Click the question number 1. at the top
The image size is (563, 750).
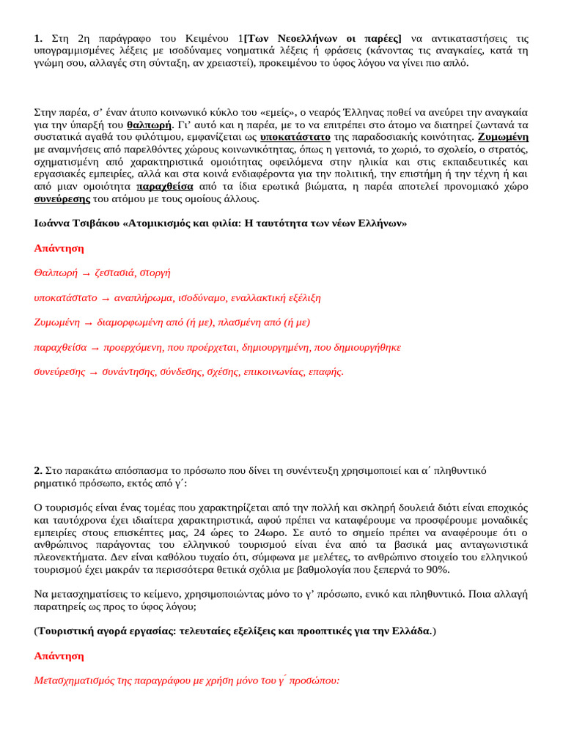point(38,38)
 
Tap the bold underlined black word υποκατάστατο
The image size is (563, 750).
point(295,137)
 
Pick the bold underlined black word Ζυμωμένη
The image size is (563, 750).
point(503,137)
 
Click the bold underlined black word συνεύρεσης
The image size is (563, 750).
point(62,198)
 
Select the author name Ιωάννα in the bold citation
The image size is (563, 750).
point(53,223)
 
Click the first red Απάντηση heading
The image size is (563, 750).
point(59,248)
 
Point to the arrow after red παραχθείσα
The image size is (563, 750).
point(95,348)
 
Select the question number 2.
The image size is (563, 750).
point(38,470)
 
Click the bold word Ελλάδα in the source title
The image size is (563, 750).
point(410,631)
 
